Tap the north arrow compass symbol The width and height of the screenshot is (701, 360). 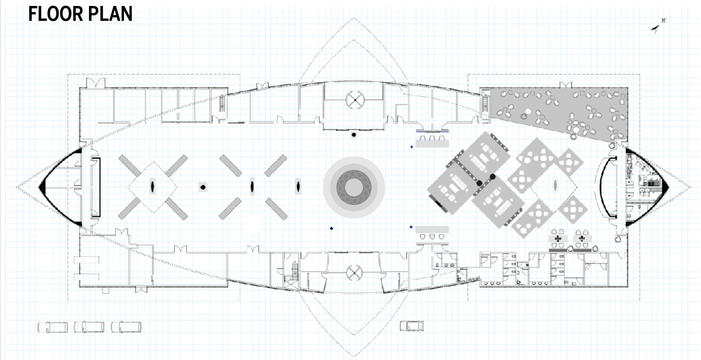point(658,26)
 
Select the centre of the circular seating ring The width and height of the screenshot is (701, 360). point(354,187)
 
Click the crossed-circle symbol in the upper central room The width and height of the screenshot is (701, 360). point(355,100)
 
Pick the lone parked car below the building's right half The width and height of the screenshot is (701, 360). point(412,326)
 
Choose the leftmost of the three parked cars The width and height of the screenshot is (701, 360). point(53,327)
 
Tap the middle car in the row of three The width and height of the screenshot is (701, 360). point(89,327)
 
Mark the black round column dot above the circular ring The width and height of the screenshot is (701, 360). point(354,135)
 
